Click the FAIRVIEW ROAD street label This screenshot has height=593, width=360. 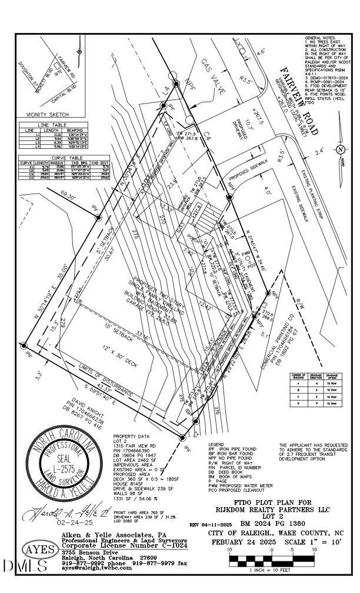[x=298, y=106]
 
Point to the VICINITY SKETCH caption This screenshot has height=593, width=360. [x=48, y=114]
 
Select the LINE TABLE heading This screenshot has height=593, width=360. [x=53, y=125]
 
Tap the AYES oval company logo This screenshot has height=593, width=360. [x=41, y=550]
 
